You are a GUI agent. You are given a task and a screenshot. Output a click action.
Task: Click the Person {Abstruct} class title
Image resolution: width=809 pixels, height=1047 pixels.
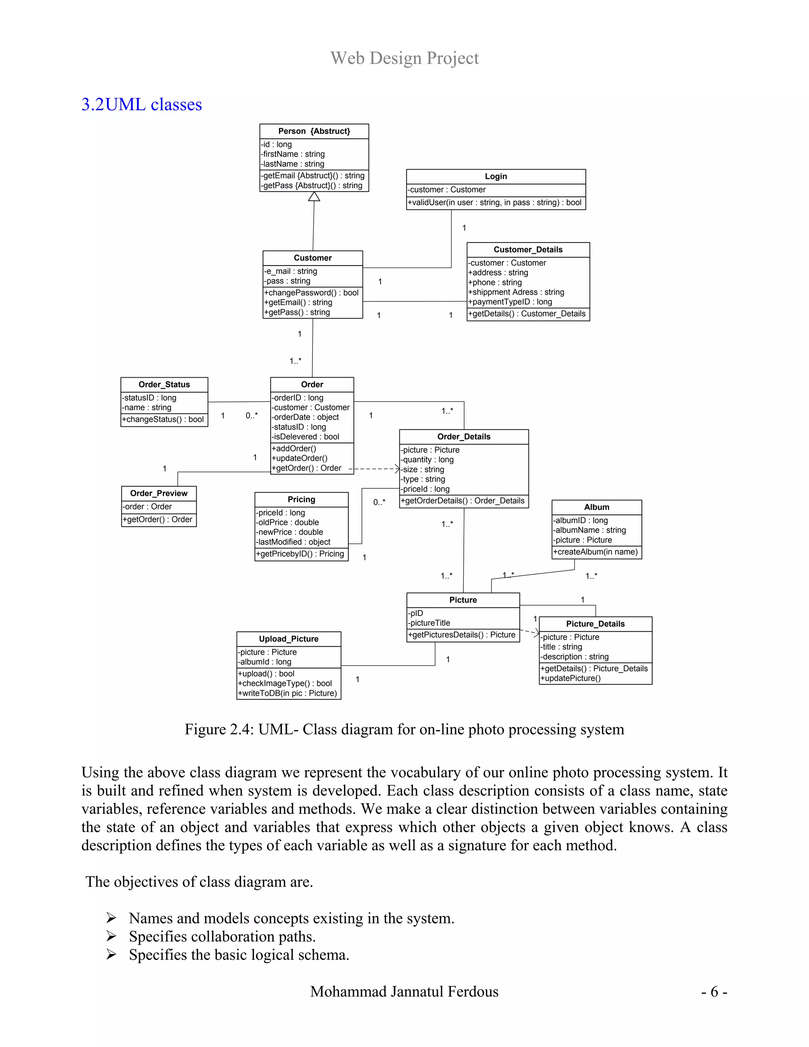point(314,131)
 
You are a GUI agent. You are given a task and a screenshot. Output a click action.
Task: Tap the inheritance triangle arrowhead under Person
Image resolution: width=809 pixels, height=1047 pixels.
point(314,196)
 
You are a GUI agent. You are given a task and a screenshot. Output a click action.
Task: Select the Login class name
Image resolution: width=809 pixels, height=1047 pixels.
point(496,177)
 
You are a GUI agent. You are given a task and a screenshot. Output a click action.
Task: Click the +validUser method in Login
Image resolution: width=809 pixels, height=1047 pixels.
point(494,203)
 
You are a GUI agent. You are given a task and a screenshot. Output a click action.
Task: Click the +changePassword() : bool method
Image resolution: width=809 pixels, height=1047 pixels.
point(311,293)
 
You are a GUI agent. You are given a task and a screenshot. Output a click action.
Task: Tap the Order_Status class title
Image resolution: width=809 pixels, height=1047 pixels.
point(164,384)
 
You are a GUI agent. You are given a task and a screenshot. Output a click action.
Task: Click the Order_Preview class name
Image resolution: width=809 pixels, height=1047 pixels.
point(159,493)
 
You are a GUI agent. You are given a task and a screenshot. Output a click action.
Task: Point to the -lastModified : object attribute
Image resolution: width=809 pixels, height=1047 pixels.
point(293,542)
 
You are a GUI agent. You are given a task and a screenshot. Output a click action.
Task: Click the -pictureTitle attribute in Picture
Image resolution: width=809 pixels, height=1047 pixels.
point(429,623)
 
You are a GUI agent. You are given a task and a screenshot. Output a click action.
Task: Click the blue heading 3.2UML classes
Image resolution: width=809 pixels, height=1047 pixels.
point(141,105)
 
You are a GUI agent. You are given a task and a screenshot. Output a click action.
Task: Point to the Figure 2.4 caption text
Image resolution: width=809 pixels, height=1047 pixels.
point(404,729)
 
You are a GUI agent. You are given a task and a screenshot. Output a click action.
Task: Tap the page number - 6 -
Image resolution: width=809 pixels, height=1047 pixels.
point(714,991)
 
